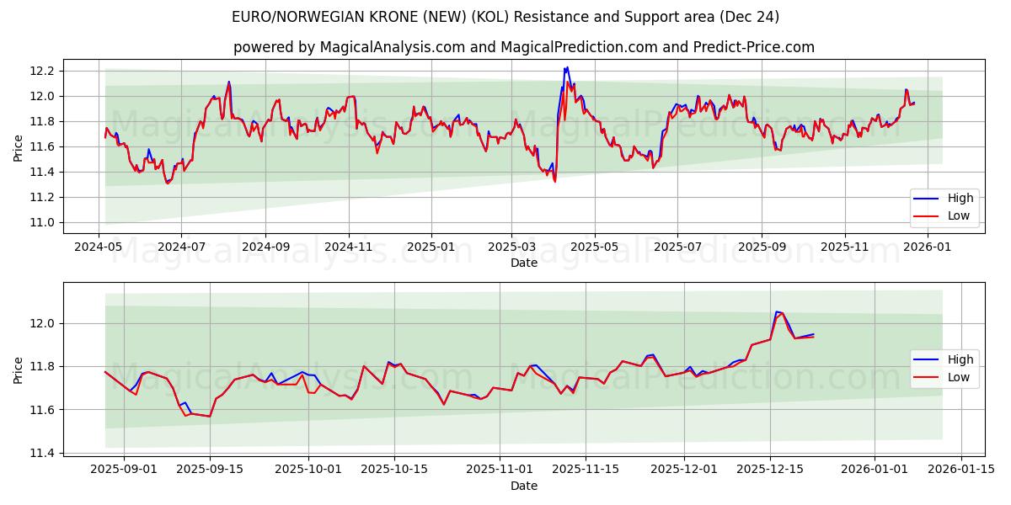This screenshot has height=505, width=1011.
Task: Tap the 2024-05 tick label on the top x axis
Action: [99, 247]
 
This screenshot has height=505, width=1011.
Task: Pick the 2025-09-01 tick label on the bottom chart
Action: [124, 470]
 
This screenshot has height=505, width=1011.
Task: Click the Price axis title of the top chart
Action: [19, 146]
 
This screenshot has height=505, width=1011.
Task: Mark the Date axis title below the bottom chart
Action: [523, 486]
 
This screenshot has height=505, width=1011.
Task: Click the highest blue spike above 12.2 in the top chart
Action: [567, 67]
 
